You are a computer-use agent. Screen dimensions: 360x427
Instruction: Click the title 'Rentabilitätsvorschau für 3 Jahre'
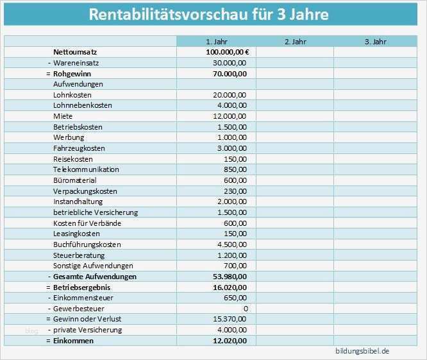click(x=209, y=14)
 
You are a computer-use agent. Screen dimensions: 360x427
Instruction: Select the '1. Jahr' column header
click(x=216, y=42)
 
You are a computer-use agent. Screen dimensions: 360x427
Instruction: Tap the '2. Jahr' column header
click(x=295, y=42)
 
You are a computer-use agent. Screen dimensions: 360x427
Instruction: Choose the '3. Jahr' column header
click(x=376, y=42)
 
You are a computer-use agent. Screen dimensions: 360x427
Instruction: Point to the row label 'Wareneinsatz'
click(x=75, y=63)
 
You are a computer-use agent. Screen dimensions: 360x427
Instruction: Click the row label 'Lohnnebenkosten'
click(x=83, y=105)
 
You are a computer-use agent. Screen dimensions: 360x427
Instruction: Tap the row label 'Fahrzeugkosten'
click(x=79, y=148)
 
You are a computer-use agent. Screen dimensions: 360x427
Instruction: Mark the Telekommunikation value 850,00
click(x=236, y=169)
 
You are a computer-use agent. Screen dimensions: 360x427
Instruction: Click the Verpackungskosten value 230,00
click(x=236, y=191)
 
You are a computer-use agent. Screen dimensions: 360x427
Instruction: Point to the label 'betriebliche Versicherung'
click(x=96, y=212)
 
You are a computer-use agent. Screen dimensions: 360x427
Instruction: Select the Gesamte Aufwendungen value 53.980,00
click(x=230, y=277)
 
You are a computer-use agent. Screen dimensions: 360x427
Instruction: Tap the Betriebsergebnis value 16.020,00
click(x=230, y=287)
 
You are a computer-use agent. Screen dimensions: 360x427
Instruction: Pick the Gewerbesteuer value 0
click(x=245, y=309)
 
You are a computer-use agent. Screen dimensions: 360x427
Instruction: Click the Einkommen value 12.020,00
click(x=230, y=341)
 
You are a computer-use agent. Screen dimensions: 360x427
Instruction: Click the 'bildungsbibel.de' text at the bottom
click(x=362, y=352)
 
